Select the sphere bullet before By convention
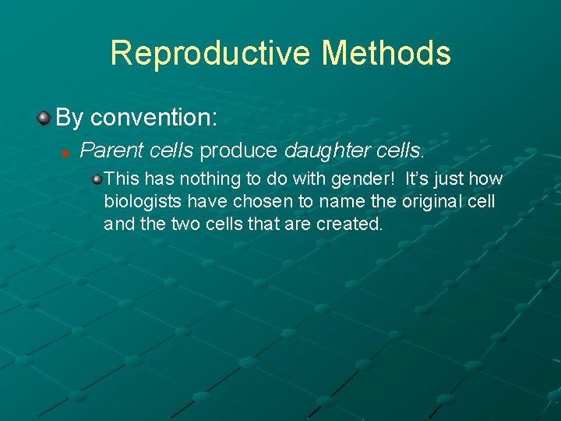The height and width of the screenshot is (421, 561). pyautogui.click(x=44, y=118)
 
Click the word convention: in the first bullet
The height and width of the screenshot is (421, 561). pyautogui.click(x=153, y=118)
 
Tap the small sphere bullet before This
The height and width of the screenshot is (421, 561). pyautogui.click(x=97, y=179)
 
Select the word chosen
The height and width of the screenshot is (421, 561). pyautogui.click(x=263, y=202)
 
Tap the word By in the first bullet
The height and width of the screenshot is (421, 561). pyautogui.click(x=70, y=118)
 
